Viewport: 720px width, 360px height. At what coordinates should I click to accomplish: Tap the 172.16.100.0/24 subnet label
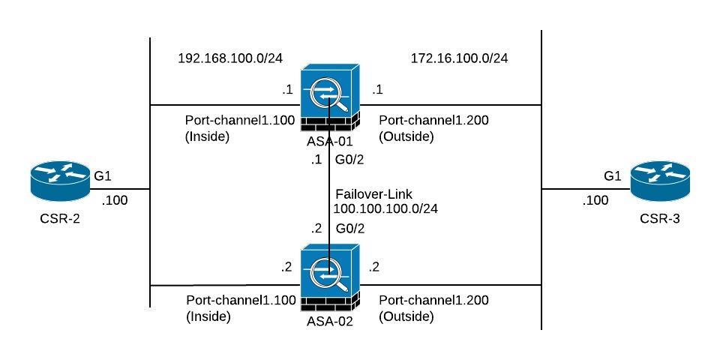click(x=459, y=58)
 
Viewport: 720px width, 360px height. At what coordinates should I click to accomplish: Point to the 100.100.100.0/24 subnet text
click(x=385, y=208)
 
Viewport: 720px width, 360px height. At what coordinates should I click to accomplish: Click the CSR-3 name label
click(x=659, y=220)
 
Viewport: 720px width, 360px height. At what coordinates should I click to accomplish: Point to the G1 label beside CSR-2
click(x=102, y=177)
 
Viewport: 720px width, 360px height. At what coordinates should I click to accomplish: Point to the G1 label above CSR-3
click(x=613, y=175)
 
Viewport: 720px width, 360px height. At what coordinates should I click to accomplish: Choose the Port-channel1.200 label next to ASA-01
click(x=433, y=120)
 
